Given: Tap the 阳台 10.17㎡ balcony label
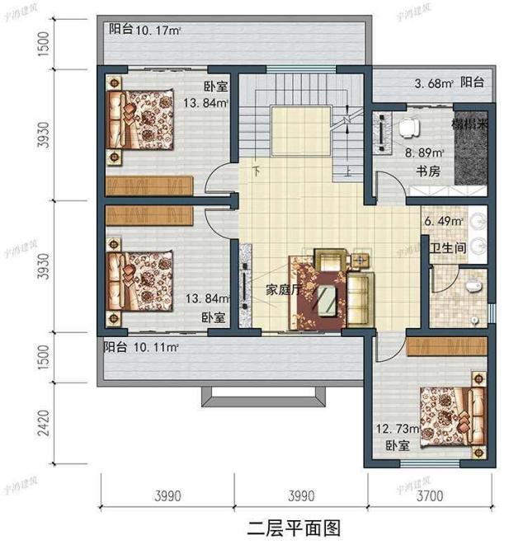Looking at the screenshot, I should pos(145,31).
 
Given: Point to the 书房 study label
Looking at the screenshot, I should pos(427,171).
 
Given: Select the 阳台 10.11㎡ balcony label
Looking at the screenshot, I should pos(141,346).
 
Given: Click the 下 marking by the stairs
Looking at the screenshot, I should pos(258,171).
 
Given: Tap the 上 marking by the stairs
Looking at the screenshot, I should pos(349,173).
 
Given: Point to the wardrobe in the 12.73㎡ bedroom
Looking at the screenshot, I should pos(446,344).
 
